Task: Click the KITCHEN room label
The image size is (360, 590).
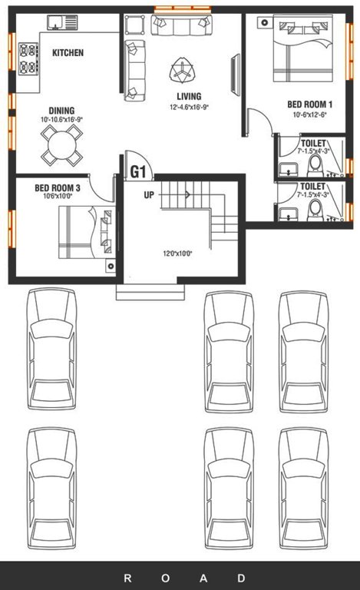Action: pyautogui.click(x=68, y=53)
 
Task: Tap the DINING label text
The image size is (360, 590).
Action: pyautogui.click(x=61, y=110)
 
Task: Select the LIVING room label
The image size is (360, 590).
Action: pyautogui.click(x=189, y=96)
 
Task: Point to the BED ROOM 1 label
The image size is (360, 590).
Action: pyautogui.click(x=309, y=104)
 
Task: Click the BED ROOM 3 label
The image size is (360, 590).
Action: pyautogui.click(x=58, y=187)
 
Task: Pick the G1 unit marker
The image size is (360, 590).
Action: pyautogui.click(x=138, y=171)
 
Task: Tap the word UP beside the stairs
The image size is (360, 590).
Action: pyautogui.click(x=150, y=194)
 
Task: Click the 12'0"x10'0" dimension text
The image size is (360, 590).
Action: pyautogui.click(x=177, y=253)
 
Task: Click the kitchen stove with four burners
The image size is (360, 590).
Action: pyautogui.click(x=28, y=59)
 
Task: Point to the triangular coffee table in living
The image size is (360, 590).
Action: pyautogui.click(x=183, y=71)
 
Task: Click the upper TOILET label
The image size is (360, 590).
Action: pyautogui.click(x=313, y=144)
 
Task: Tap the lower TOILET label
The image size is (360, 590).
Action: pyautogui.click(x=313, y=186)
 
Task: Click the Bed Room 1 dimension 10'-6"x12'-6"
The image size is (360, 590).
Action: pyautogui.click(x=309, y=115)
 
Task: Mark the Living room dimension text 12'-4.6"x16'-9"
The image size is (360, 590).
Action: pyautogui.click(x=190, y=108)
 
